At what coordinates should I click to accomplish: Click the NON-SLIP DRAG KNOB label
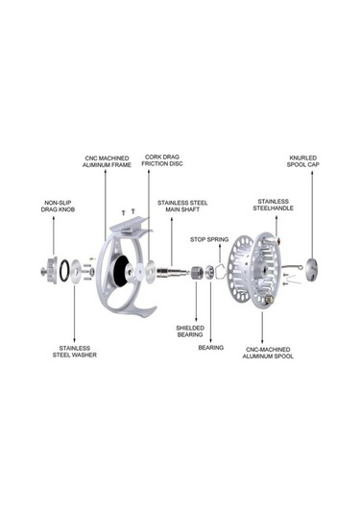pyautogui.click(x=58, y=207)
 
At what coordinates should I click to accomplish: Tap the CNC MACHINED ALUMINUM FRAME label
pyautogui.click(x=107, y=161)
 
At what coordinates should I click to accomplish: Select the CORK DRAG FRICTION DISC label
pyautogui.click(x=162, y=160)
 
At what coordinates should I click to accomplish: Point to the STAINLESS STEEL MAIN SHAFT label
pyautogui.click(x=182, y=206)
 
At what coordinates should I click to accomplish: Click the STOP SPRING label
pyautogui.click(x=209, y=239)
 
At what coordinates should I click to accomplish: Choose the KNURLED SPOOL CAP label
pyautogui.click(x=303, y=161)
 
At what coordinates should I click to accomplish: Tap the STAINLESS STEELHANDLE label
pyautogui.click(x=274, y=205)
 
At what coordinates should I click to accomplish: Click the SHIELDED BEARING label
pyautogui.click(x=190, y=331)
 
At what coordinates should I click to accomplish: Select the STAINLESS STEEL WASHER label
pyautogui.click(x=75, y=352)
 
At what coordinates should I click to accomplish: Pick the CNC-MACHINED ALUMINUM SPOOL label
pyautogui.click(x=268, y=353)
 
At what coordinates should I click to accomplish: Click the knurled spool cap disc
pyautogui.click(x=312, y=270)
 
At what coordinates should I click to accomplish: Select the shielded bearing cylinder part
pyautogui.click(x=196, y=272)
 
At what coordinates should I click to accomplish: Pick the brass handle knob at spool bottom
pyautogui.click(x=269, y=299)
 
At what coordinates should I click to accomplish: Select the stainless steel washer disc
pyautogui.click(x=75, y=271)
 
